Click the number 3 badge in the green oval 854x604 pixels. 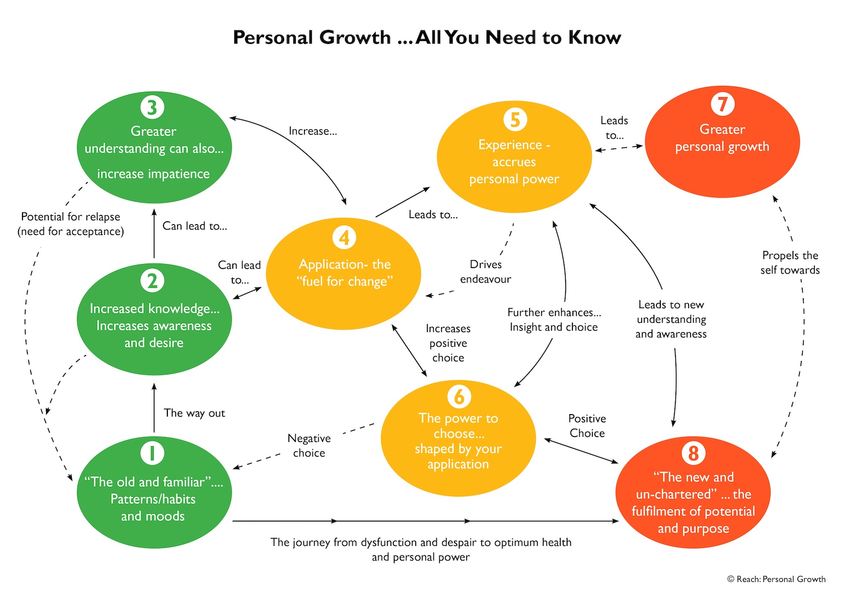(152, 107)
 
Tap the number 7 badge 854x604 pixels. (722, 104)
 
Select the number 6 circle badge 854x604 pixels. (459, 396)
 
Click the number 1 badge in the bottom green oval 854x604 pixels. (152, 453)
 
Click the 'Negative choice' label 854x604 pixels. (309, 445)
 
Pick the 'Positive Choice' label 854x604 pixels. (587, 426)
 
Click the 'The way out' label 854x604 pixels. (194, 413)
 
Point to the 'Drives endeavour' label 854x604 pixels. (486, 271)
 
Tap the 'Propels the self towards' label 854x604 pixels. (790, 263)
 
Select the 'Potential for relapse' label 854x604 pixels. (71, 224)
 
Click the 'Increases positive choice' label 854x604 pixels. (448, 343)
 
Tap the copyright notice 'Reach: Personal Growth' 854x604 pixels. (776, 579)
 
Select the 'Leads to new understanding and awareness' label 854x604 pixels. (671, 319)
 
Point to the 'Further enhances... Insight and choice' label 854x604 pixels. (554, 320)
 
